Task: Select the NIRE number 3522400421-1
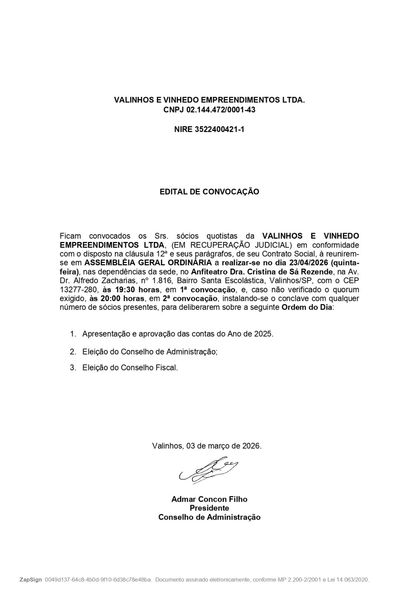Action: (x=219, y=129)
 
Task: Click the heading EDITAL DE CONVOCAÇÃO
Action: (x=209, y=192)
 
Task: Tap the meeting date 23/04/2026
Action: (x=309, y=263)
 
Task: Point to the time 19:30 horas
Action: (x=126, y=289)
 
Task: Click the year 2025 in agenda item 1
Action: (x=263, y=334)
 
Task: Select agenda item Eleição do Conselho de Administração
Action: (x=150, y=351)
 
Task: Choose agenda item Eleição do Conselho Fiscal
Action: (x=130, y=368)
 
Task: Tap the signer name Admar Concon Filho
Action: (x=209, y=499)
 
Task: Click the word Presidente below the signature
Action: (x=209, y=508)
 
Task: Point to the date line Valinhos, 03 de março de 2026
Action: (x=207, y=446)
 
